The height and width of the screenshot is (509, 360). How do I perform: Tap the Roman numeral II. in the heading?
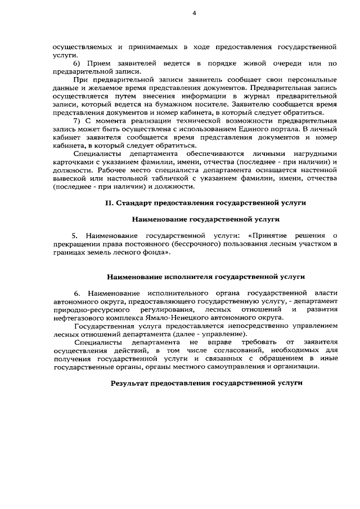110,202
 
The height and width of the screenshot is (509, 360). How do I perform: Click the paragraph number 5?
74,235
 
